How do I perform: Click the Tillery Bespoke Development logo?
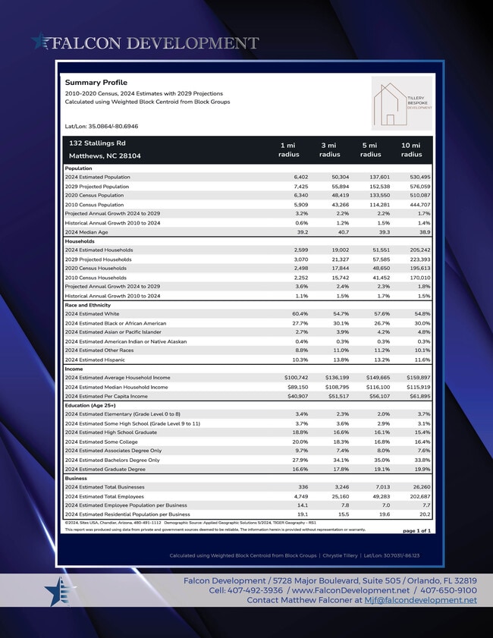coord(403,102)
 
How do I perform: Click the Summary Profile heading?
coord(96,82)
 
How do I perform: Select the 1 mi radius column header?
coord(288,149)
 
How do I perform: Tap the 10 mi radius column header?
coord(411,149)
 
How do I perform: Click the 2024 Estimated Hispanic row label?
coord(94,360)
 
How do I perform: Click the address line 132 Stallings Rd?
coord(97,143)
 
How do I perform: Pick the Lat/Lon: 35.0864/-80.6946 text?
coord(102,126)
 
